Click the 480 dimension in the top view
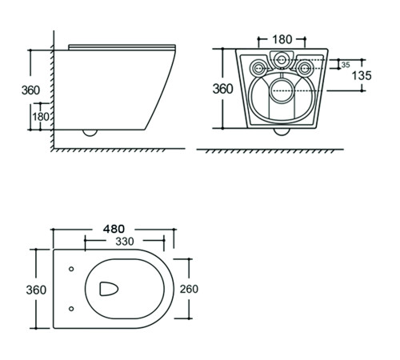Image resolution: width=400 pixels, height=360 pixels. coord(114,229)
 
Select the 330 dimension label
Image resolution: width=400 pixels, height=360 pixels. coord(125,242)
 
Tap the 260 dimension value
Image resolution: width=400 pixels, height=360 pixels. coord(189,289)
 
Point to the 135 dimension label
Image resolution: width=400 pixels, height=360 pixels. coord(362,75)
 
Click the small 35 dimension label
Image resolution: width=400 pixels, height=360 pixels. coord(346,65)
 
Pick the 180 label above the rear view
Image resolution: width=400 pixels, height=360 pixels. coord(282,39)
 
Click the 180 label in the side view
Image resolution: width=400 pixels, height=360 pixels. coord(41,117)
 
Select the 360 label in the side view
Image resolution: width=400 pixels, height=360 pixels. coord(30,90)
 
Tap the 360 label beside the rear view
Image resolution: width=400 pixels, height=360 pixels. coord(222,89)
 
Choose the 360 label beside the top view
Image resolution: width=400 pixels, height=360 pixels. coord(36,290)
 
